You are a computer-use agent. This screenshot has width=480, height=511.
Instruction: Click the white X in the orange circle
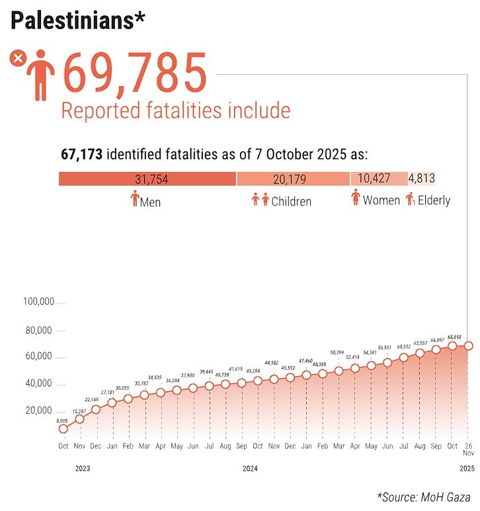pos(18,59)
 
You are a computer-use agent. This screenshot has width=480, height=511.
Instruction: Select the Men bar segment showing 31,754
pos(147,178)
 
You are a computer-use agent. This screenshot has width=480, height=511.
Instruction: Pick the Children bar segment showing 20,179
pos(293,178)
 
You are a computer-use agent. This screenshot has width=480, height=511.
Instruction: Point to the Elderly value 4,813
pos(421,178)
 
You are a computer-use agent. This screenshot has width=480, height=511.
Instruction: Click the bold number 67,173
pos(81,155)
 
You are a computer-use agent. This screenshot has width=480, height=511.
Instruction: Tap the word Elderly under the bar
pos(434,200)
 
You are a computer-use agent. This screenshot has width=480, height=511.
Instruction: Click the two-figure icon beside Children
pos(260,199)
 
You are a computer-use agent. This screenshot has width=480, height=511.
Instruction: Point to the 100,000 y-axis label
pos(38,302)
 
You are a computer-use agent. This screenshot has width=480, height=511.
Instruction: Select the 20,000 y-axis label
pos(38,411)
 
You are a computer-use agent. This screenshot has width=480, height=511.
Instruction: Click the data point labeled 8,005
pos(63,428)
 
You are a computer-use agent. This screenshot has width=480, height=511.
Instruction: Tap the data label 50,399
pos(338,352)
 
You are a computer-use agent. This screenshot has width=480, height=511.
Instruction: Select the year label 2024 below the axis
pos(251,469)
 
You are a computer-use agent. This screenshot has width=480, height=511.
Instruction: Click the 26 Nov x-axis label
pos(468,450)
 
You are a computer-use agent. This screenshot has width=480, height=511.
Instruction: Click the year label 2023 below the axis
pos(82,469)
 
